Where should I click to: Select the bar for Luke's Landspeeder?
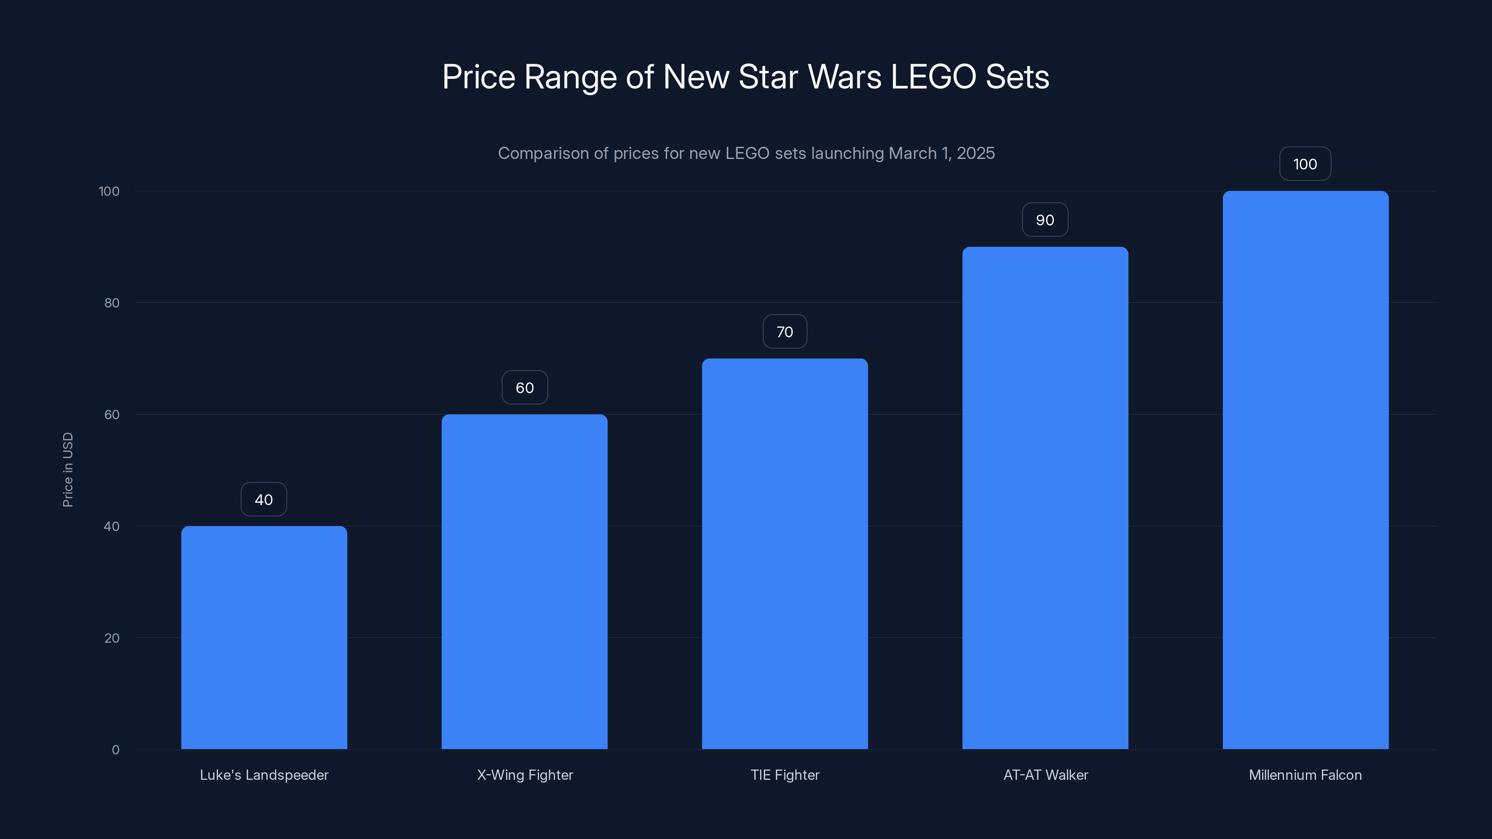tap(264, 637)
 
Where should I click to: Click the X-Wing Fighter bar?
tap(525, 581)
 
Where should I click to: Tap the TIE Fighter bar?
tap(785, 554)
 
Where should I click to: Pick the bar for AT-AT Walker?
tap(1045, 498)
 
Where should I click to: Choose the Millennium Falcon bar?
tap(1305, 470)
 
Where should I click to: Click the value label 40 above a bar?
tap(264, 500)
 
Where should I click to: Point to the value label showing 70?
tap(785, 332)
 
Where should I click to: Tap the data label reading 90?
tap(1045, 220)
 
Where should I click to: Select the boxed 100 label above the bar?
tap(1305, 165)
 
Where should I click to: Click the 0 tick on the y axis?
tap(116, 750)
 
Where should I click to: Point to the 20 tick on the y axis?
tap(112, 638)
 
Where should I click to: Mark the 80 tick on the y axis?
tap(112, 303)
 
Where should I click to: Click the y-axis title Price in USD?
tap(68, 469)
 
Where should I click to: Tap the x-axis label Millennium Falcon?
tap(1305, 775)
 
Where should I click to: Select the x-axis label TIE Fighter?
tap(785, 775)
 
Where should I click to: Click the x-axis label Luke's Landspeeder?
tap(264, 775)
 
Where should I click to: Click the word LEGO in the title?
tap(933, 77)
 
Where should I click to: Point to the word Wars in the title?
tap(844, 77)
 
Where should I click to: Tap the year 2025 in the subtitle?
tap(975, 153)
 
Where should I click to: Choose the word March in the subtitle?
tap(913, 153)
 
